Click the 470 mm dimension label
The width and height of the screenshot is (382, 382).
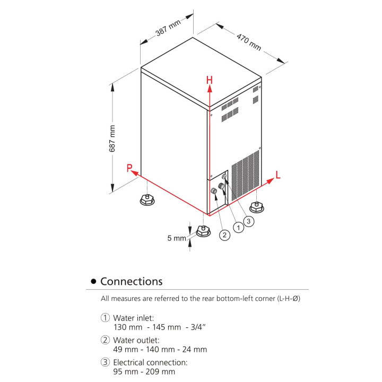pyautogui.click(x=249, y=42)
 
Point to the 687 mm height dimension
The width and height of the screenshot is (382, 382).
pyautogui.click(x=112, y=139)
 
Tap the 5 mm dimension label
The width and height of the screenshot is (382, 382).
pyautogui.click(x=177, y=238)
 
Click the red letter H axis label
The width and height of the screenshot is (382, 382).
pyautogui.click(x=210, y=80)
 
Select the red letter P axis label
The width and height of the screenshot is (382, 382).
pyautogui.click(x=129, y=168)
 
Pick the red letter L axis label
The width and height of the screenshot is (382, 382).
pyautogui.click(x=278, y=174)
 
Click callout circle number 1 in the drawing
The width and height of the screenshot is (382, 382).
pyautogui.click(x=239, y=227)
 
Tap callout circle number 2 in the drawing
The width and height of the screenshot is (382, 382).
pyautogui.click(x=225, y=235)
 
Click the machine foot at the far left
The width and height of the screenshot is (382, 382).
pyautogui.click(x=147, y=201)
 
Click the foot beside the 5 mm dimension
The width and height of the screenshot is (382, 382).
pyautogui.click(x=203, y=231)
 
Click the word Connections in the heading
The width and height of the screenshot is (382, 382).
pyautogui.click(x=131, y=281)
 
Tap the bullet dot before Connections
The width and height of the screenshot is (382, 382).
pyautogui.click(x=93, y=281)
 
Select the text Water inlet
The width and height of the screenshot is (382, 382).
pyautogui.click(x=134, y=318)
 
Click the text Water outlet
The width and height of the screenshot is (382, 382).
pyautogui.click(x=136, y=340)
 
